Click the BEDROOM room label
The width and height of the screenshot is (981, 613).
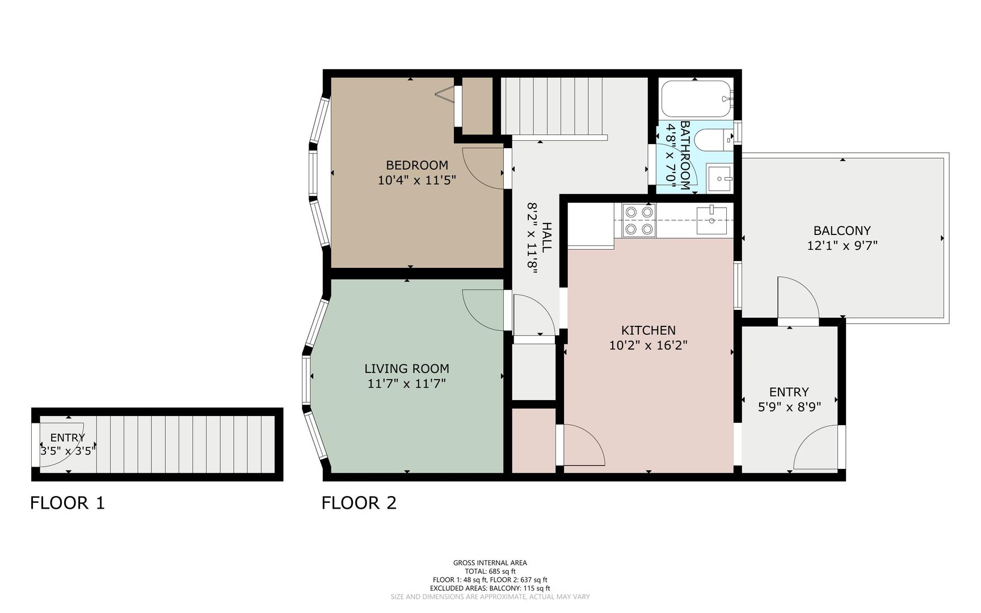[417, 165]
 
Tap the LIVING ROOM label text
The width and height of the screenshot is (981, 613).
[407, 368]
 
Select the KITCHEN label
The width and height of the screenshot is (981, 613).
[649, 330]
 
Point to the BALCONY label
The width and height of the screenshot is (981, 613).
[842, 230]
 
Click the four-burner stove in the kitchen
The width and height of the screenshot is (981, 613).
[639, 220]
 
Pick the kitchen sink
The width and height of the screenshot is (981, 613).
[712, 220]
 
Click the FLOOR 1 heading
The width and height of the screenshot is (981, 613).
[68, 503]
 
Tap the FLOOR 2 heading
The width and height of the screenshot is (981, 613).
[359, 503]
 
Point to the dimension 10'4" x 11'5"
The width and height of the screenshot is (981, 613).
[417, 180]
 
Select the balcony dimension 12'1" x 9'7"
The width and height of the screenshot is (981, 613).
[842, 246]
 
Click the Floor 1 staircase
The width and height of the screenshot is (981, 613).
[186, 444]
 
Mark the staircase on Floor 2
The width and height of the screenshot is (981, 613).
[553, 106]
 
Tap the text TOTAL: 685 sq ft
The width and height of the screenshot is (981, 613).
[490, 572]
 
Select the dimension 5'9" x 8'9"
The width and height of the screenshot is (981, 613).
[789, 407]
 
